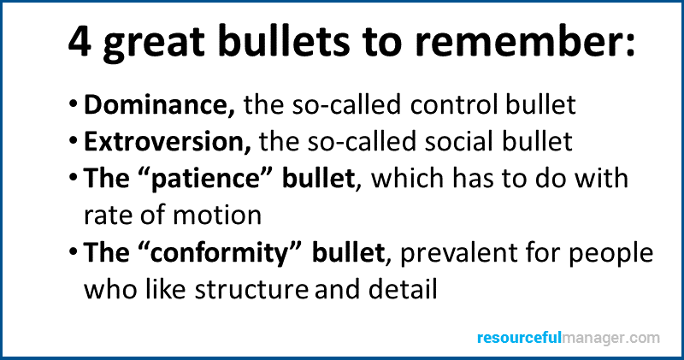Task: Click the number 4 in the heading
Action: point(80,42)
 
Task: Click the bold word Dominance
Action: point(159,104)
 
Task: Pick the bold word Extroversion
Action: point(168,141)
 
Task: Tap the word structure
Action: point(251,289)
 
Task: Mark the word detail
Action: point(403,289)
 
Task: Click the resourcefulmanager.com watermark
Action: point(569,338)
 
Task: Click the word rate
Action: point(108,216)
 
